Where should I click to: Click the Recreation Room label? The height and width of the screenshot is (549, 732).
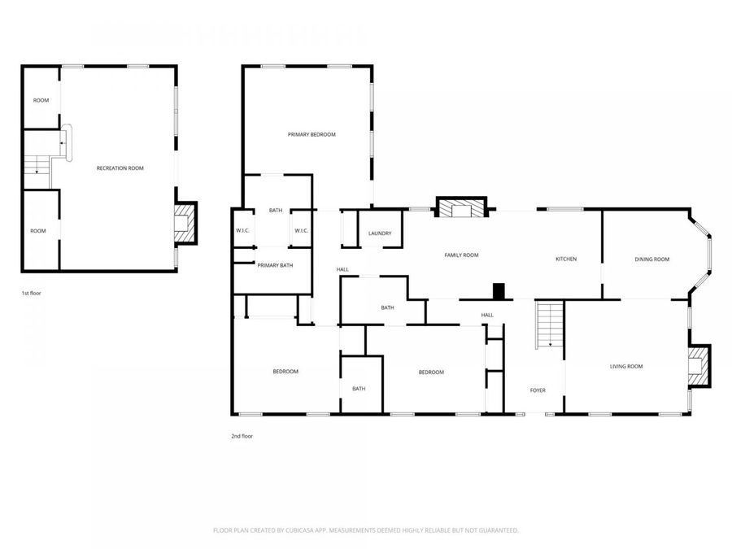click(120, 168)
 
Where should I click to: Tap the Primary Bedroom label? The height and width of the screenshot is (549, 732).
click(312, 134)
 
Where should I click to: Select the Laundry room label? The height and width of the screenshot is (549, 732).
click(379, 233)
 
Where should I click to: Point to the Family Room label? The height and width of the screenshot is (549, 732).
click(461, 255)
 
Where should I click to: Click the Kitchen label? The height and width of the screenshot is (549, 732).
click(566, 259)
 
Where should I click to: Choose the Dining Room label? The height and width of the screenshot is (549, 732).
click(651, 259)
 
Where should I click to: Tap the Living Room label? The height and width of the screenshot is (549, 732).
click(626, 366)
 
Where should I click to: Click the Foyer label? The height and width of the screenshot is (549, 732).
click(538, 390)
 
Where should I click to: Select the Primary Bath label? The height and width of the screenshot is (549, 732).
click(275, 265)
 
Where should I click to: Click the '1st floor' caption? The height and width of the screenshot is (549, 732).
click(31, 292)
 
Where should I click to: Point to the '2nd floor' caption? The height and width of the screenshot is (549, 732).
click(242, 436)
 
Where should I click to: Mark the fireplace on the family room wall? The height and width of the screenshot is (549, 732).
click(461, 209)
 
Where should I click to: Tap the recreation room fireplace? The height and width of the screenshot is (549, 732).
click(186, 223)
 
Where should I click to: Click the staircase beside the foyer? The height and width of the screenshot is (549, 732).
click(550, 324)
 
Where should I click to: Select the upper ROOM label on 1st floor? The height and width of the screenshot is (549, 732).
click(41, 100)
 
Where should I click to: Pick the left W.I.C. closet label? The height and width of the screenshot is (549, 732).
click(243, 230)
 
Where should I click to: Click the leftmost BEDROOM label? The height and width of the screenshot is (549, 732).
click(285, 372)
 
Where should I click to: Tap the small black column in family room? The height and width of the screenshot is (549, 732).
click(499, 290)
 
